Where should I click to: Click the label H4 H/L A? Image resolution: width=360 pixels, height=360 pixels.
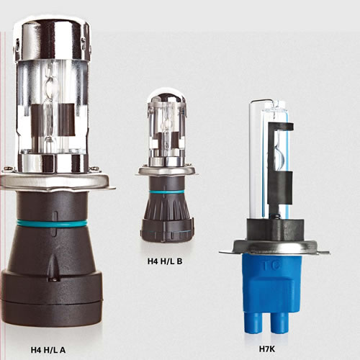click(48, 350)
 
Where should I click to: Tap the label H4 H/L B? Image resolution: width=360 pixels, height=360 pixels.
click(165, 261)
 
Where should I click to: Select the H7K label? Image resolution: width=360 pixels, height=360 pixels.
click(267, 349)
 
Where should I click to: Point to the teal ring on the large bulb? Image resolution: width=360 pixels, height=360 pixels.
click(52, 223)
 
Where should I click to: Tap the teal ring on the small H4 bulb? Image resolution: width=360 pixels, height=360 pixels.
click(166, 192)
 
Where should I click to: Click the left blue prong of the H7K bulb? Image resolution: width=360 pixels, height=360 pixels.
click(253, 323)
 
